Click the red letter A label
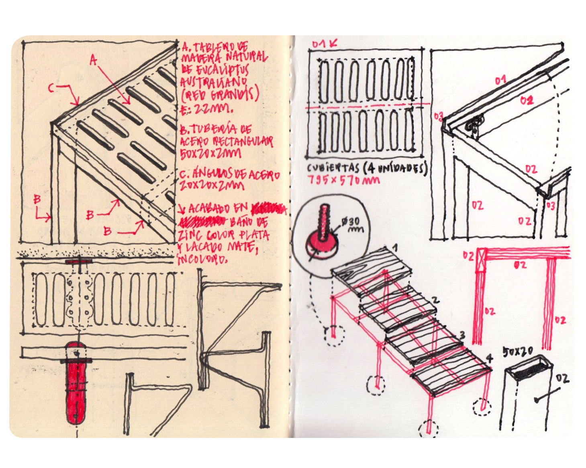click(x=93, y=61)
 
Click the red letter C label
click(x=51, y=88)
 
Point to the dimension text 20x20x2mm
click(x=211, y=185)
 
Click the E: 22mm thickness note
click(x=207, y=108)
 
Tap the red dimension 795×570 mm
click(x=343, y=180)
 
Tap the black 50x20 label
click(x=518, y=352)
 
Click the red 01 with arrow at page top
click(x=325, y=43)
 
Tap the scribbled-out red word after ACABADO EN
click(x=268, y=209)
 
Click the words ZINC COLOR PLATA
click(x=224, y=235)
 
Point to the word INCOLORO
click(x=203, y=259)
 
